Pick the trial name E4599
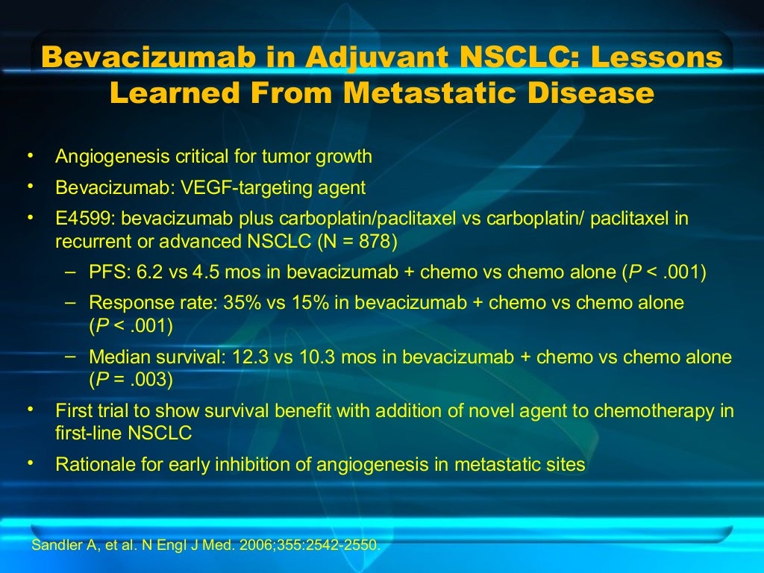click(85, 219)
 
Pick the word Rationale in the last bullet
click(90, 464)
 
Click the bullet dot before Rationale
click(31, 463)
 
